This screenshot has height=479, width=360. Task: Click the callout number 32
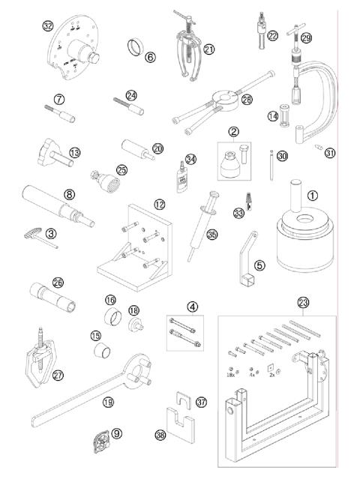pos(48,25)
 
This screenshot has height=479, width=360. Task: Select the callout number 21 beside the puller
pos(208,49)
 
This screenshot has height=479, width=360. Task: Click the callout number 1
pos(313,194)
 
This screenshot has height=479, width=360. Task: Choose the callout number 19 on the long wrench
pos(109,403)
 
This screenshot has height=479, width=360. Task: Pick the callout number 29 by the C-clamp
pos(305,37)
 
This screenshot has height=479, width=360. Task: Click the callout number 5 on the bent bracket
pos(259,265)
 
